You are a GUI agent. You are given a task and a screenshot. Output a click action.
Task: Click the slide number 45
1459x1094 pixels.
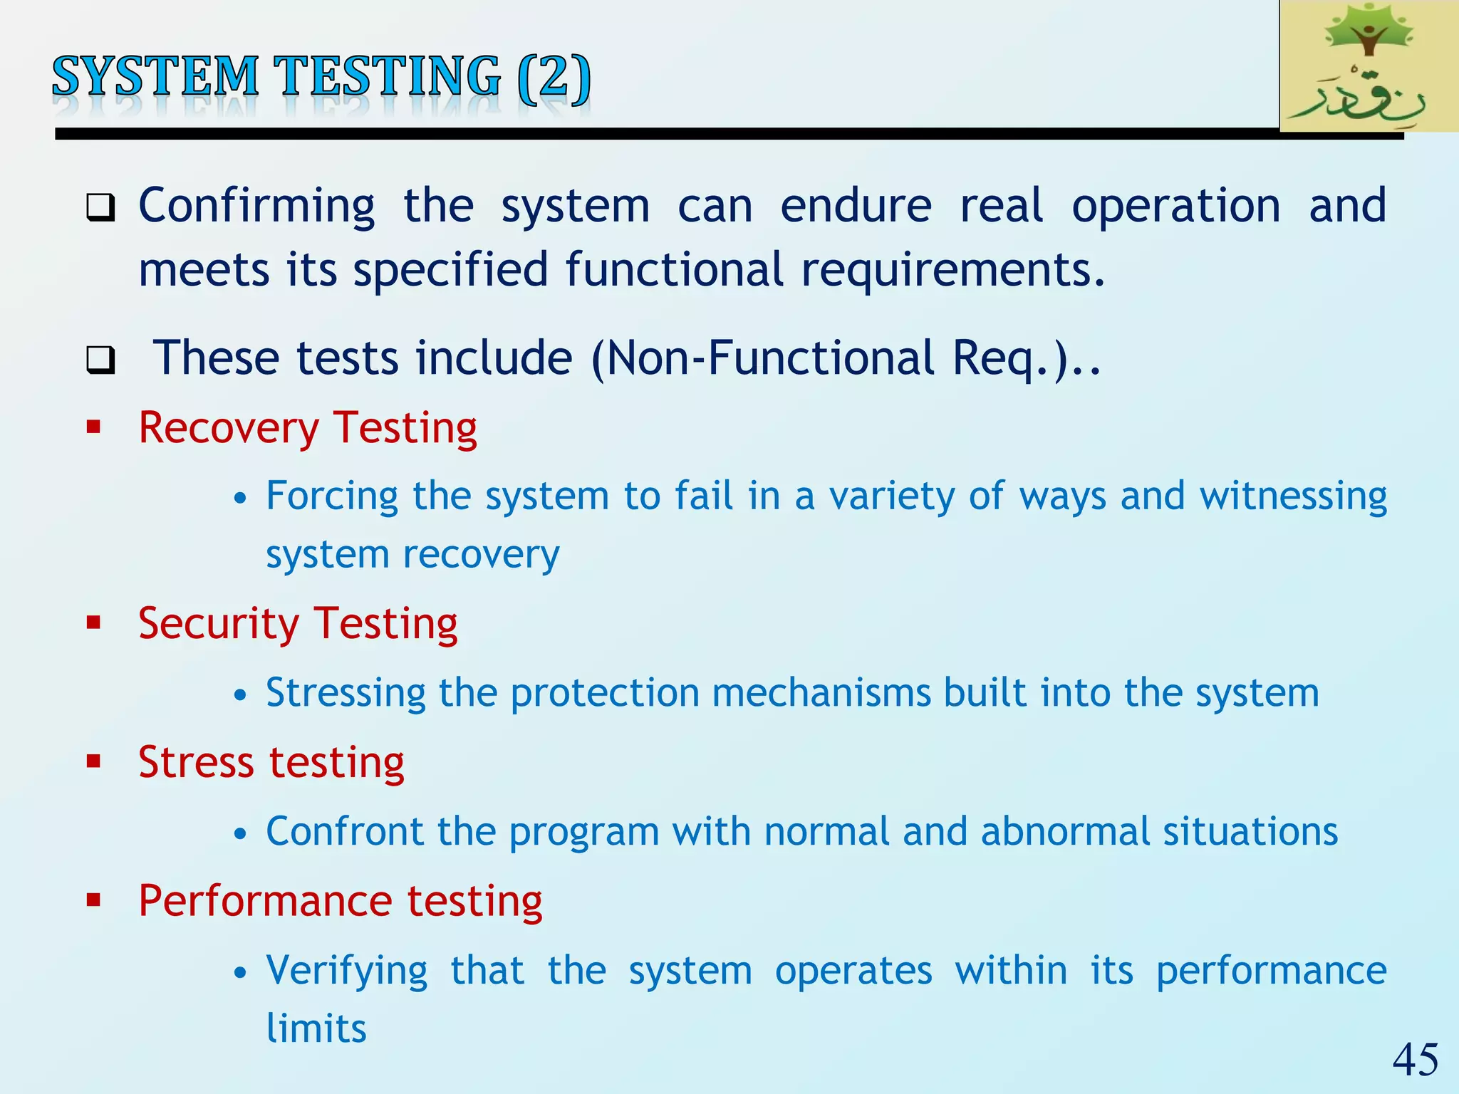coord(1415,1060)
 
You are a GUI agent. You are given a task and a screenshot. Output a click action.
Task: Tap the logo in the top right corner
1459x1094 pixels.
coord(1369,66)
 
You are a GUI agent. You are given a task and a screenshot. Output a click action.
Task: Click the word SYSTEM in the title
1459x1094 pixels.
coord(155,76)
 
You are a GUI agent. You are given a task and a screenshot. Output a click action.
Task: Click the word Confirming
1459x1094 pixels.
coord(256,207)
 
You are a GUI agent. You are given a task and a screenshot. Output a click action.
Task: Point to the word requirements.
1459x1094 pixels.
coord(952,271)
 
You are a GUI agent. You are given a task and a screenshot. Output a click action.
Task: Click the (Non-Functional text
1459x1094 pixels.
coord(762,358)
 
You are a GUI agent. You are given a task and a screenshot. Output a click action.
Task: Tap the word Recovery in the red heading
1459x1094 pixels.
coord(229,429)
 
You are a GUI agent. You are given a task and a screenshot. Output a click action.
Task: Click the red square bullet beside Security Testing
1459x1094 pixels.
coord(93,623)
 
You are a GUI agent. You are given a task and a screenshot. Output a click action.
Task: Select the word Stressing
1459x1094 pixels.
coord(346,693)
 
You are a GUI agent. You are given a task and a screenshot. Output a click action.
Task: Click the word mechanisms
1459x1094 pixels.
coord(821,693)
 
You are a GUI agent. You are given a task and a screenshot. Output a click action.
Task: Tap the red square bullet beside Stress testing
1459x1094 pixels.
coord(93,762)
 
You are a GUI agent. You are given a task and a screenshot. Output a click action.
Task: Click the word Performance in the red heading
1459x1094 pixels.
coord(265,901)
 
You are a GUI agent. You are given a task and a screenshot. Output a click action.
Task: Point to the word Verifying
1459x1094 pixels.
coord(347,971)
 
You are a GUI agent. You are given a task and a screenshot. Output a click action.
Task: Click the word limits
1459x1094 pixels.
coord(316,1029)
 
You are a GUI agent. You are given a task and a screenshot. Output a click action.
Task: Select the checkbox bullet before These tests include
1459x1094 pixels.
coord(100,360)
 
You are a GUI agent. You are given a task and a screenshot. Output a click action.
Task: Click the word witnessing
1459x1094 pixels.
coord(1293,496)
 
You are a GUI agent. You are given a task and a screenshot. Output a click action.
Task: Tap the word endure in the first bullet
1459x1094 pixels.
coord(856,207)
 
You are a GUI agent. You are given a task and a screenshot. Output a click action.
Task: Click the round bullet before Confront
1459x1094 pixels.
coord(241,833)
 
